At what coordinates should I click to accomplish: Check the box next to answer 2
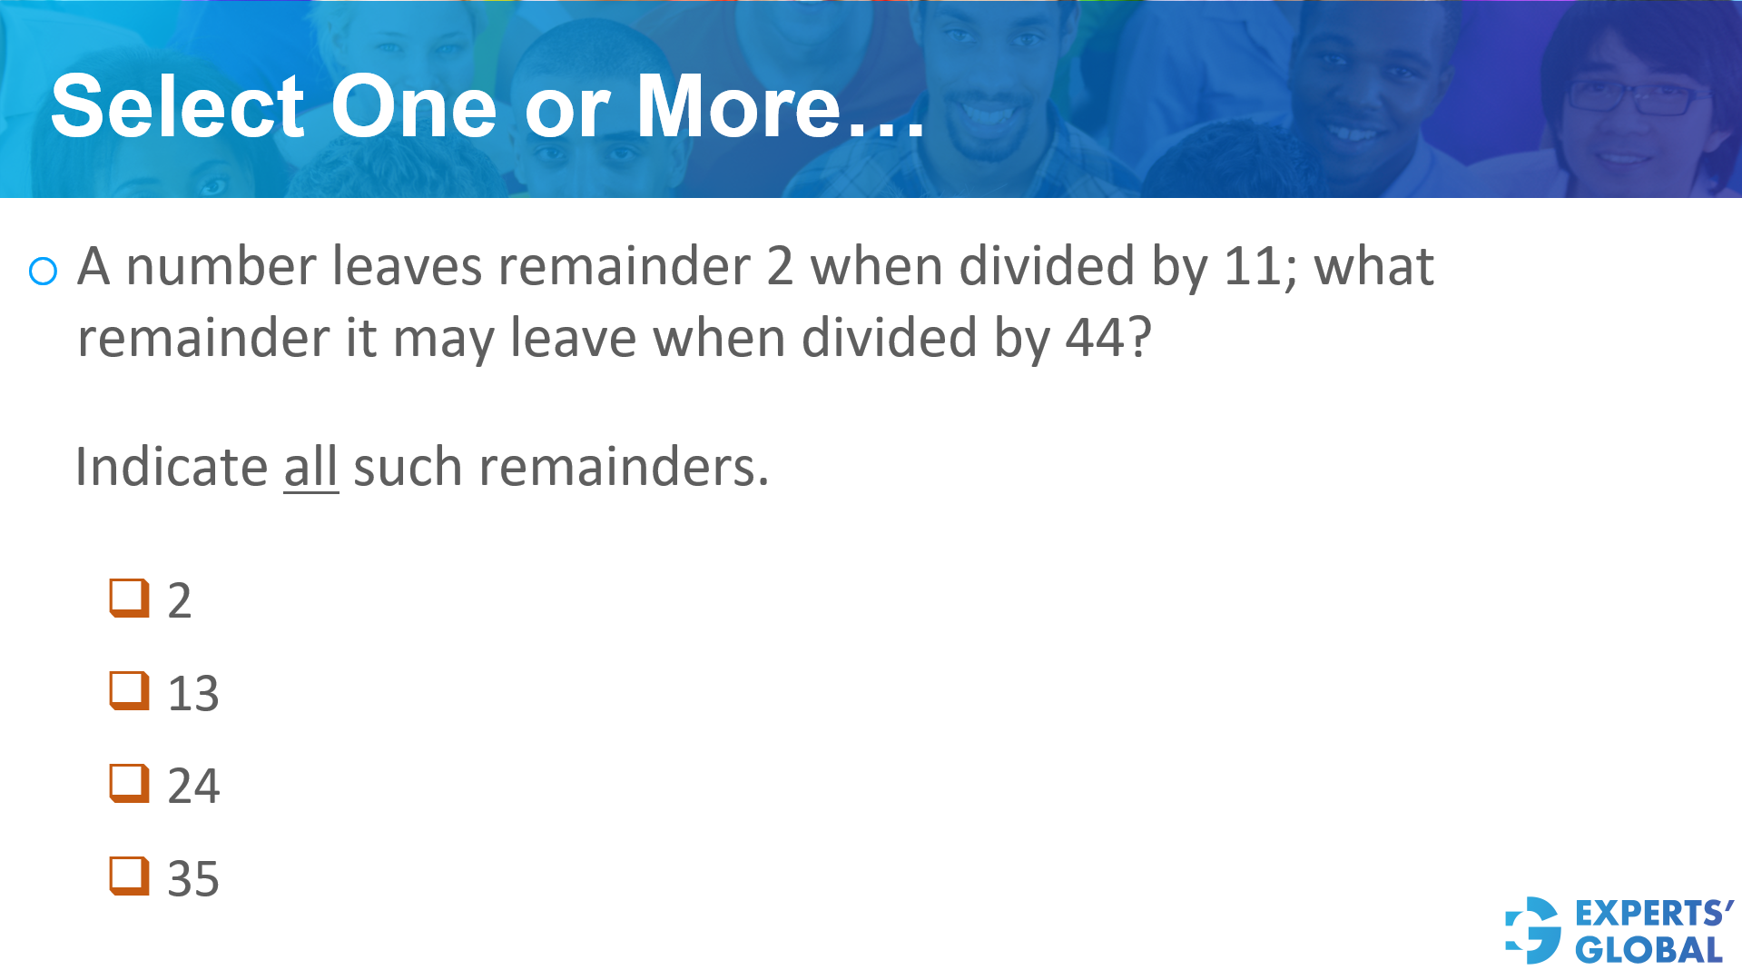click(129, 598)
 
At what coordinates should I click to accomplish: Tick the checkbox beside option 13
click(129, 691)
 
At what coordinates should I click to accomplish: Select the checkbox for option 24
click(129, 784)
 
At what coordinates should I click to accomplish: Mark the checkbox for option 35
click(129, 876)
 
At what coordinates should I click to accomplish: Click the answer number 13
click(193, 694)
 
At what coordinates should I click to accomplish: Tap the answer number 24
click(193, 787)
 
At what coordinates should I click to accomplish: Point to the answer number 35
click(193, 879)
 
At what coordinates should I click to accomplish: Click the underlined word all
click(310, 468)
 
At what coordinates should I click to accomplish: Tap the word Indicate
click(172, 468)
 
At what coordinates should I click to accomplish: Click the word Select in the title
click(178, 107)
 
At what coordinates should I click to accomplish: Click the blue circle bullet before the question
click(44, 271)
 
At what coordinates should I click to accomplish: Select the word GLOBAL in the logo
click(1649, 951)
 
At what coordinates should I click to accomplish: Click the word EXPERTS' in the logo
click(1654, 913)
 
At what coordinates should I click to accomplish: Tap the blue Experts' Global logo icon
click(1533, 930)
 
